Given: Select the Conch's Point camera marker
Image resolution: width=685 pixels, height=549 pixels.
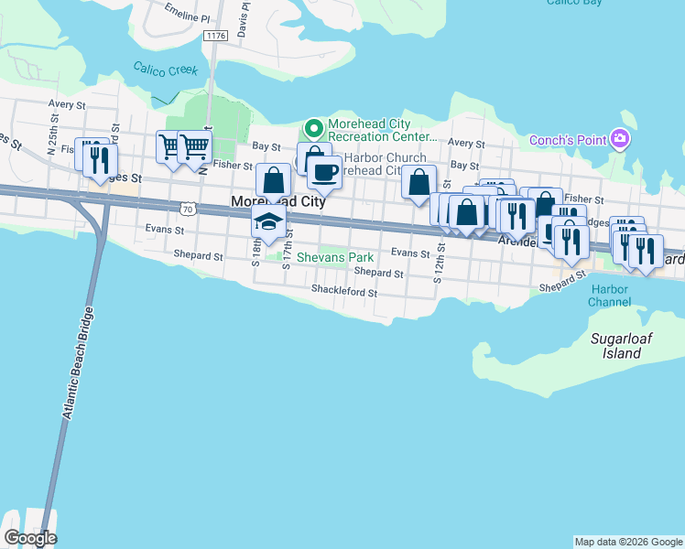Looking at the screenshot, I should click(622, 139).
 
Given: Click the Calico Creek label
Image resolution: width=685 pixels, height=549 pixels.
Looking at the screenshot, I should click(165, 70).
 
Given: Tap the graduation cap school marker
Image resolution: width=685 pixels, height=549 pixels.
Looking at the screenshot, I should click(268, 222).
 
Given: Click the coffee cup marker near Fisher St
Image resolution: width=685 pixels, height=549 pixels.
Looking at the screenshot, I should click(322, 170).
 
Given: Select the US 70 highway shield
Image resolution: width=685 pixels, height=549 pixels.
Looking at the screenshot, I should click(189, 209).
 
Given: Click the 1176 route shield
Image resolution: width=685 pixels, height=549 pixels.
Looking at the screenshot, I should click(215, 36).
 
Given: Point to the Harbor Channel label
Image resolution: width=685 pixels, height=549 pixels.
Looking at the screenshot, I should click(610, 296).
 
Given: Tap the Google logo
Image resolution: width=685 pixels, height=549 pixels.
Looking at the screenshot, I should click(30, 538).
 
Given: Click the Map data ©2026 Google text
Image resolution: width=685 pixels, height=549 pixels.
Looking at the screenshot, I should click(627, 542).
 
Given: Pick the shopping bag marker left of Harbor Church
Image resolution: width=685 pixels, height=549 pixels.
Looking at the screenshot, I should click(273, 180).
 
